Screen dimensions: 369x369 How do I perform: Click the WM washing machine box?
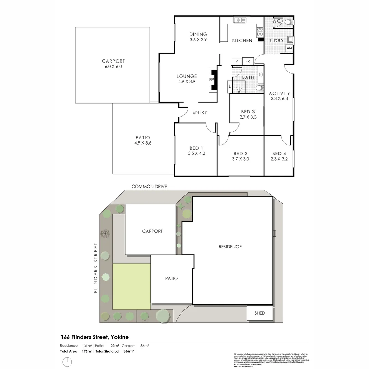pos(289,48)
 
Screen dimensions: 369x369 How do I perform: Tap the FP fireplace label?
pos(211,80)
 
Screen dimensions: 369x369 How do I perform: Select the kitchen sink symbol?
pos(242,20)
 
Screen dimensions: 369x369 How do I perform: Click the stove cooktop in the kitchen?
pos(260,31)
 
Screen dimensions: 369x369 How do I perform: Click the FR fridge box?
pos(248,61)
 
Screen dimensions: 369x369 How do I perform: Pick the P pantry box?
pos(236,61)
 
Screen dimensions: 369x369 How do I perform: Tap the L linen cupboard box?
pos(229,87)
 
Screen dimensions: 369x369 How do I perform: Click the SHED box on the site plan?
pos(260,313)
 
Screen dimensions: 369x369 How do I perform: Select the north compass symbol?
pos(67,361)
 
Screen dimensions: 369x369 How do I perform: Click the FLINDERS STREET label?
pos(96,268)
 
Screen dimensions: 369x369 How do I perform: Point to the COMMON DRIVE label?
pos(149,186)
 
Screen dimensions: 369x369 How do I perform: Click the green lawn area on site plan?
pos(132,286)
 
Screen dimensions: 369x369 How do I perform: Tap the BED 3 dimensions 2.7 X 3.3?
pos(248,117)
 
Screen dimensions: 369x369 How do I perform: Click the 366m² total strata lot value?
pos(128,351)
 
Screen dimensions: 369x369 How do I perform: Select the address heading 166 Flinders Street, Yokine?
pos(94,337)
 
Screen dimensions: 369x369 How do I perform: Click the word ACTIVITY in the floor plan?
pos(279,93)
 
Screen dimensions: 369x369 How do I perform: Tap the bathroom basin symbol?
pos(260,74)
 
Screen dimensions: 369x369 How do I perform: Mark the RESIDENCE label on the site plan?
pos(230,247)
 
